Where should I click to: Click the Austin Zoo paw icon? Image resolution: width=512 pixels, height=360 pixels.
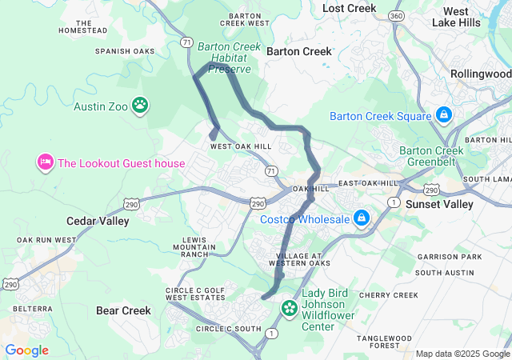140,105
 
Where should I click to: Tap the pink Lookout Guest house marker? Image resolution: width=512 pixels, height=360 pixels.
45,163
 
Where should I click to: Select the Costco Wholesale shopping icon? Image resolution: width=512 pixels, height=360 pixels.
362,218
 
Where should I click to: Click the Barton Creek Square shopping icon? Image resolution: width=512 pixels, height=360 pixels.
443,116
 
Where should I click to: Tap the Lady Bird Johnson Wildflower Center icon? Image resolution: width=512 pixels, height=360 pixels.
290,308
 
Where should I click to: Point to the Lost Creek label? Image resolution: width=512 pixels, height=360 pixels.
349,8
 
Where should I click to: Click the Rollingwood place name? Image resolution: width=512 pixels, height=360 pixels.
480,74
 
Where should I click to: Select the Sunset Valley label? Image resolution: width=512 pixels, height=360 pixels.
441,204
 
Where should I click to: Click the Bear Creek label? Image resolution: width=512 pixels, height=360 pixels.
123,310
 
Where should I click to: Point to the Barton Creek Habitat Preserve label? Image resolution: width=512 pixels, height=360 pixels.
230,58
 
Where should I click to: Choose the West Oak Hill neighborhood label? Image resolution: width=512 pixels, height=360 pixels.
241,146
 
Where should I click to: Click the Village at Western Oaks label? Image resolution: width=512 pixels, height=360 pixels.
298,258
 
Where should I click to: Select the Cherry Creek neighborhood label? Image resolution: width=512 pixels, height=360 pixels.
388,295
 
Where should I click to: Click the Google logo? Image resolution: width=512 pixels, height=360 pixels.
26,350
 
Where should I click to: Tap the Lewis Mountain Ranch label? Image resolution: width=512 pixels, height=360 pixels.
198,247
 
